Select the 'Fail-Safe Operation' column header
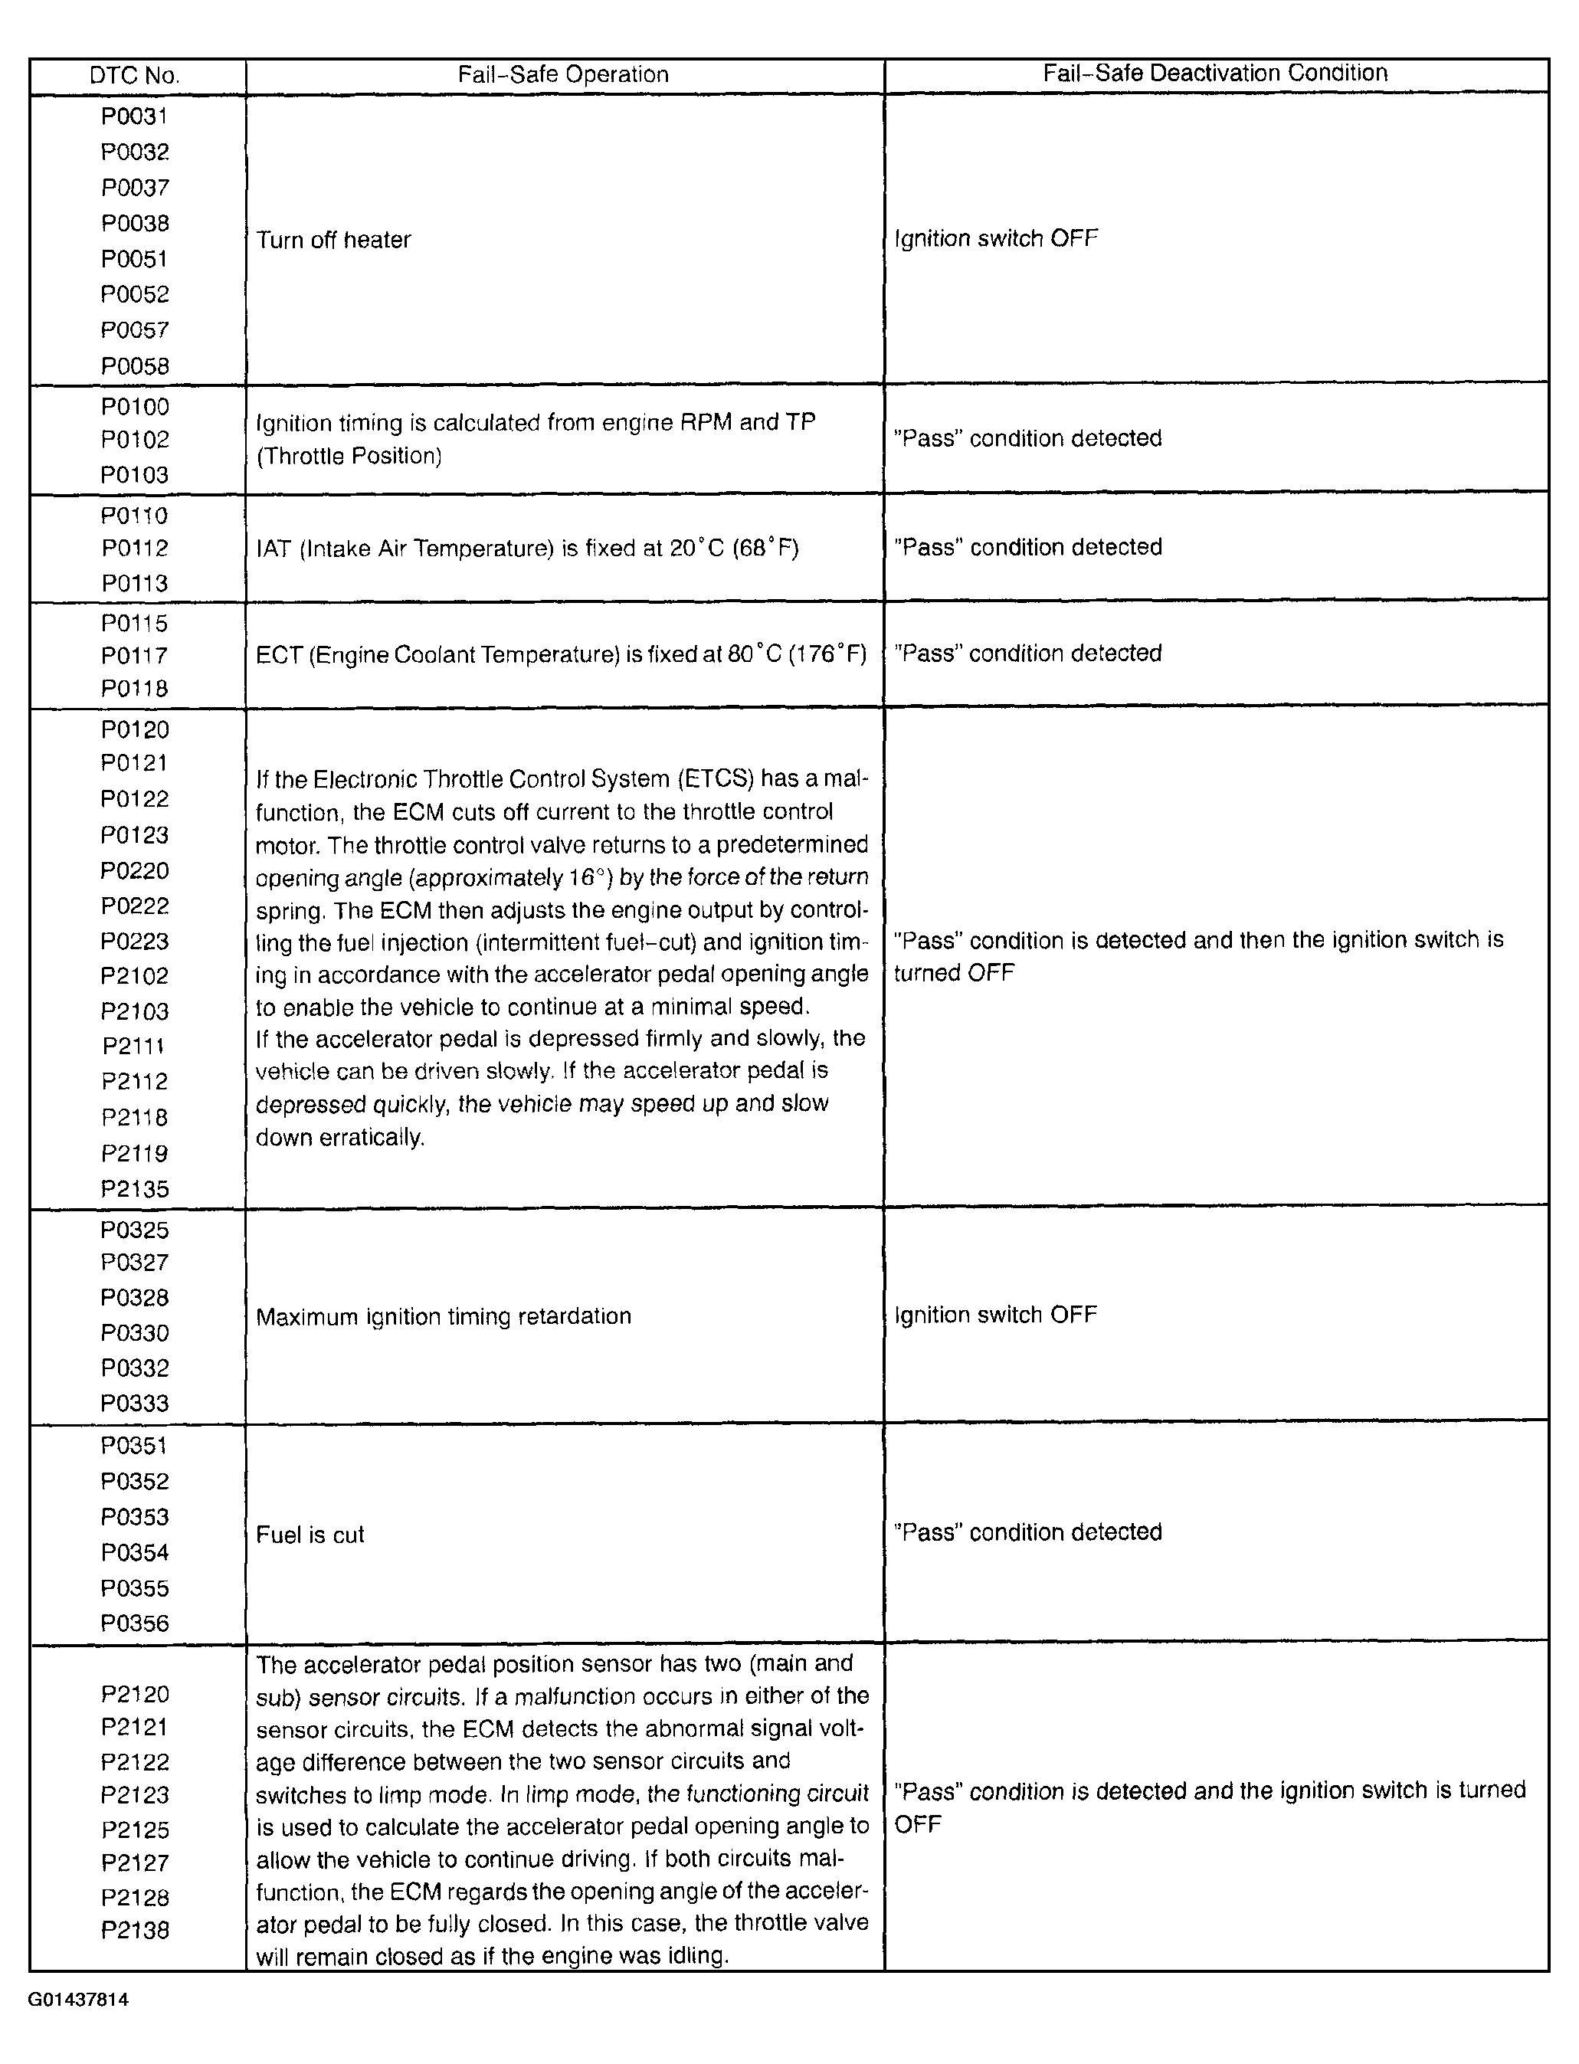coord(563,75)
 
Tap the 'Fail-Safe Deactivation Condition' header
coord(1214,74)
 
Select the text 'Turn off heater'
coord(334,240)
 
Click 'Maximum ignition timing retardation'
coord(443,1315)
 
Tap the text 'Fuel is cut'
coord(310,1535)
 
